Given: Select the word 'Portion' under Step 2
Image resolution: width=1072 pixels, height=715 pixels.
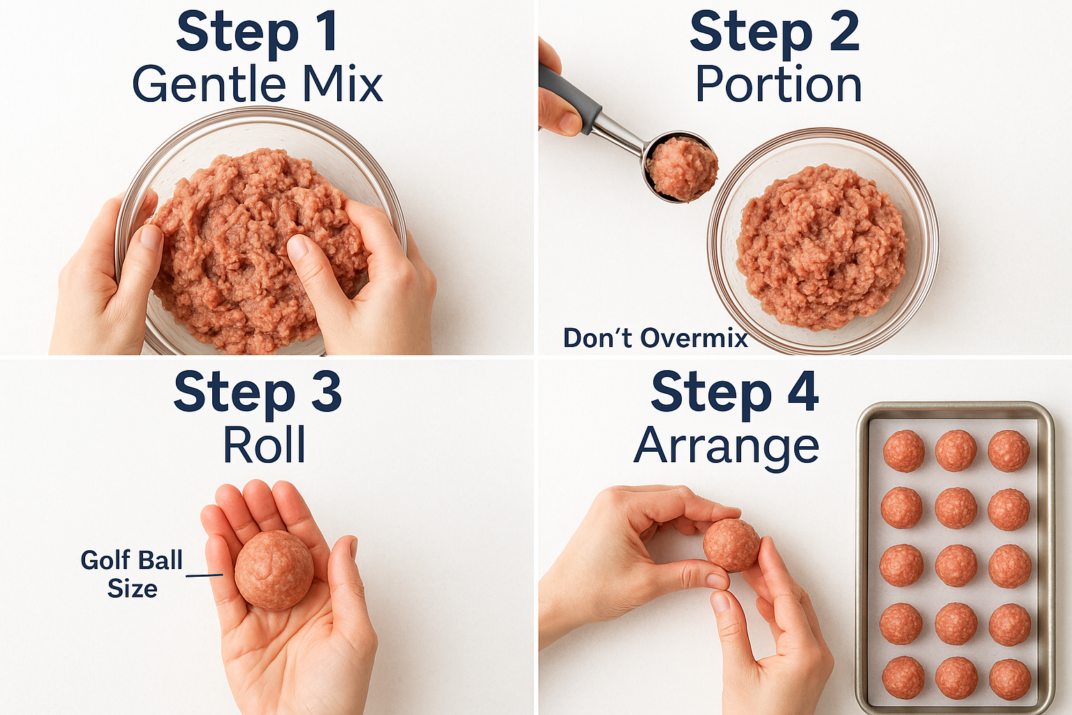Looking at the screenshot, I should [778, 85].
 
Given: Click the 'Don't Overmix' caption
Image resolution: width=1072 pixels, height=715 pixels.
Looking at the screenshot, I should [655, 338].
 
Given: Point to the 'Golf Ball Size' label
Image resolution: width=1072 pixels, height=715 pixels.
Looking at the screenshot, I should [131, 573].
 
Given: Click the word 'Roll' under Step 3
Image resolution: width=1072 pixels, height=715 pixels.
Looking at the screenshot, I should [264, 445].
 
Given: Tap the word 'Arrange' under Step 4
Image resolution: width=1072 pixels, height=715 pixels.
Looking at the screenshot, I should [726, 446].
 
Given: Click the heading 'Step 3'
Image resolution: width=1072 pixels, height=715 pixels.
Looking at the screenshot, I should [257, 392].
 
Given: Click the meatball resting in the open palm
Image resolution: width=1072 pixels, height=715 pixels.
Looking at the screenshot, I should [274, 570].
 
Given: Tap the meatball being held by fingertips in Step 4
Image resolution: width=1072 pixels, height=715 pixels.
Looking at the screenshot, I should [731, 545].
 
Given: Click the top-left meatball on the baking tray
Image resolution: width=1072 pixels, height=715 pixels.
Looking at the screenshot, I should [904, 450].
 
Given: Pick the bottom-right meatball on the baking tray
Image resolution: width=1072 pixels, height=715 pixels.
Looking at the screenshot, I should [1010, 679].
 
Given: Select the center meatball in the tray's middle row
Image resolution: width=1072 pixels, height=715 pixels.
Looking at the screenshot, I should [956, 565].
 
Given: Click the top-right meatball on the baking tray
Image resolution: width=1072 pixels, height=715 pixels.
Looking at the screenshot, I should [1008, 450].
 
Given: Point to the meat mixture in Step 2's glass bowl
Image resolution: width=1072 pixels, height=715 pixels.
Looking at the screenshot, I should [821, 248].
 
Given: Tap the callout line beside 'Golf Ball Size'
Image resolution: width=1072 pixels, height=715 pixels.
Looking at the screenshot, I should [204, 575].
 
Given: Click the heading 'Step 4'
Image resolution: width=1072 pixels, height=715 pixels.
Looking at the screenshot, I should [734, 392].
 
